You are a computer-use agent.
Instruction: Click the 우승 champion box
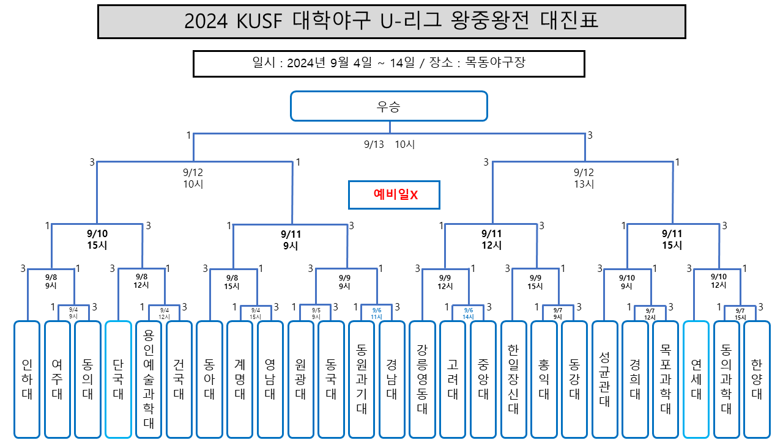pos(389,106)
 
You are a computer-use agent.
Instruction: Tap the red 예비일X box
pos(395,195)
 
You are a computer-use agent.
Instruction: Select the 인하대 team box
pos(27,379)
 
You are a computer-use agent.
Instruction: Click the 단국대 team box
pos(118,379)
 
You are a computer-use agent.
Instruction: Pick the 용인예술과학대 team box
pos(149,379)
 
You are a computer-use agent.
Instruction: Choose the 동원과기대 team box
pos(362,379)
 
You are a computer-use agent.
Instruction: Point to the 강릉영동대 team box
pos(422,379)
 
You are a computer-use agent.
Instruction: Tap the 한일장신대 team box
pos(513,379)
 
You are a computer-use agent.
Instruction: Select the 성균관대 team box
pos(604,379)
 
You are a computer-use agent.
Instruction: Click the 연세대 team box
pos(696,379)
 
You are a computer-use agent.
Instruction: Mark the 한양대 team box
pos(757,379)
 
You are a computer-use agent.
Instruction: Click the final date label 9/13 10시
pos(390,145)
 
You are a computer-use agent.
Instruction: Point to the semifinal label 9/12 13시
pos(584,178)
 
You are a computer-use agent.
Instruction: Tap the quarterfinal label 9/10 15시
pos(97,239)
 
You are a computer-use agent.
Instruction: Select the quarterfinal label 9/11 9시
pos(291,240)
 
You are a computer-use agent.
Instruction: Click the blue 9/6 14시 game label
pos(469,313)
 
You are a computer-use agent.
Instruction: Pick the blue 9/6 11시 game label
pos(376,313)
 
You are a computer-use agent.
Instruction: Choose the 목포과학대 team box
pos(666,379)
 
